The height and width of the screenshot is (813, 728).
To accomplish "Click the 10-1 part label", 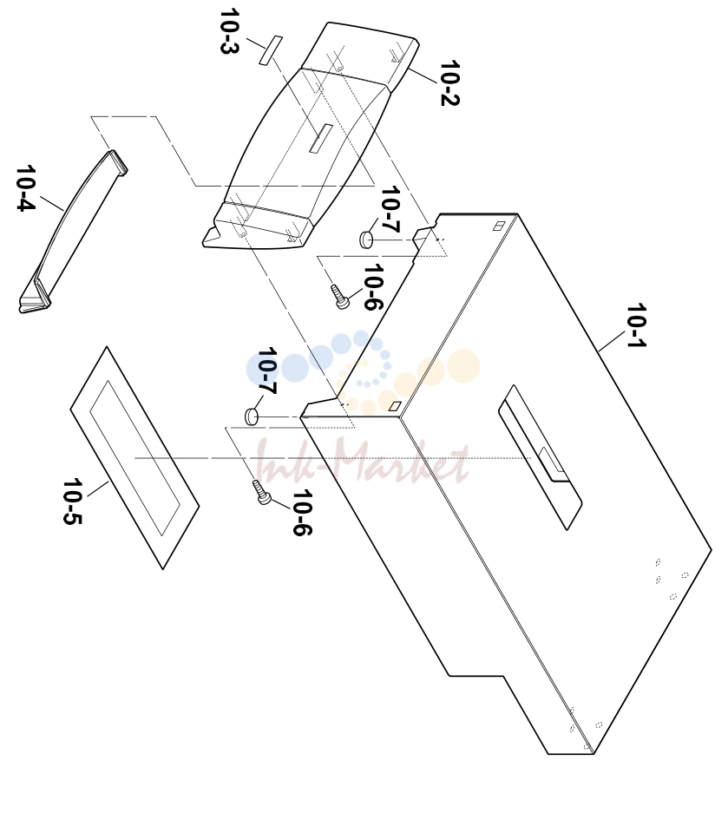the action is [x=636, y=325].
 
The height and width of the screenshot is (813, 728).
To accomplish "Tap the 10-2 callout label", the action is [x=450, y=83].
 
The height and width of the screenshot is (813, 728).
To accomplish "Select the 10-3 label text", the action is [x=229, y=31].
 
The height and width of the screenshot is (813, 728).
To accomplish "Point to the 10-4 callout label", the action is [x=25, y=187].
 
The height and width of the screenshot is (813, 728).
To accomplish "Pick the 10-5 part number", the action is [x=73, y=502].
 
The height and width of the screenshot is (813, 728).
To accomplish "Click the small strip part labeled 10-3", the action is [x=271, y=50].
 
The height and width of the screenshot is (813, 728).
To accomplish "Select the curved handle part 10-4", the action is [x=73, y=232].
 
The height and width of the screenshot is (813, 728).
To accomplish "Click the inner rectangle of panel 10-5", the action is [x=134, y=458].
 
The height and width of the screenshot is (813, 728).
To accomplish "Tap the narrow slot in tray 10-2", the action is [x=321, y=139].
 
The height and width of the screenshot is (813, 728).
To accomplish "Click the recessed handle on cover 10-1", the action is [x=540, y=456].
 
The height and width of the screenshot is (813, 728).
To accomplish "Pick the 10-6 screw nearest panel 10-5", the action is [x=261, y=492].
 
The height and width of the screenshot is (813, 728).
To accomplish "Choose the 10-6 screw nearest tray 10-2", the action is [x=339, y=297].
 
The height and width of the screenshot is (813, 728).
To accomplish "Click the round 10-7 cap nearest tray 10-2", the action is [x=366, y=239].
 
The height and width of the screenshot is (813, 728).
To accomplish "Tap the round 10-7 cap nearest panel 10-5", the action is [x=252, y=416].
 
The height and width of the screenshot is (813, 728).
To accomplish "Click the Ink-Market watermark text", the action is [x=363, y=461].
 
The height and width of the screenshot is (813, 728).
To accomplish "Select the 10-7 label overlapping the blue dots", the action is [x=267, y=370].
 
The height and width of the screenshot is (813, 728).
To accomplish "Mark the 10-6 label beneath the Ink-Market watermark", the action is [x=302, y=512].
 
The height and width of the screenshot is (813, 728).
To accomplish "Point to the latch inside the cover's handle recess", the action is [x=551, y=459].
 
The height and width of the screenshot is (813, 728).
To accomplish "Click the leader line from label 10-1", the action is [x=612, y=342].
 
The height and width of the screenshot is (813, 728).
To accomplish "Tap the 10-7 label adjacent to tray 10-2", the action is [x=390, y=209].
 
